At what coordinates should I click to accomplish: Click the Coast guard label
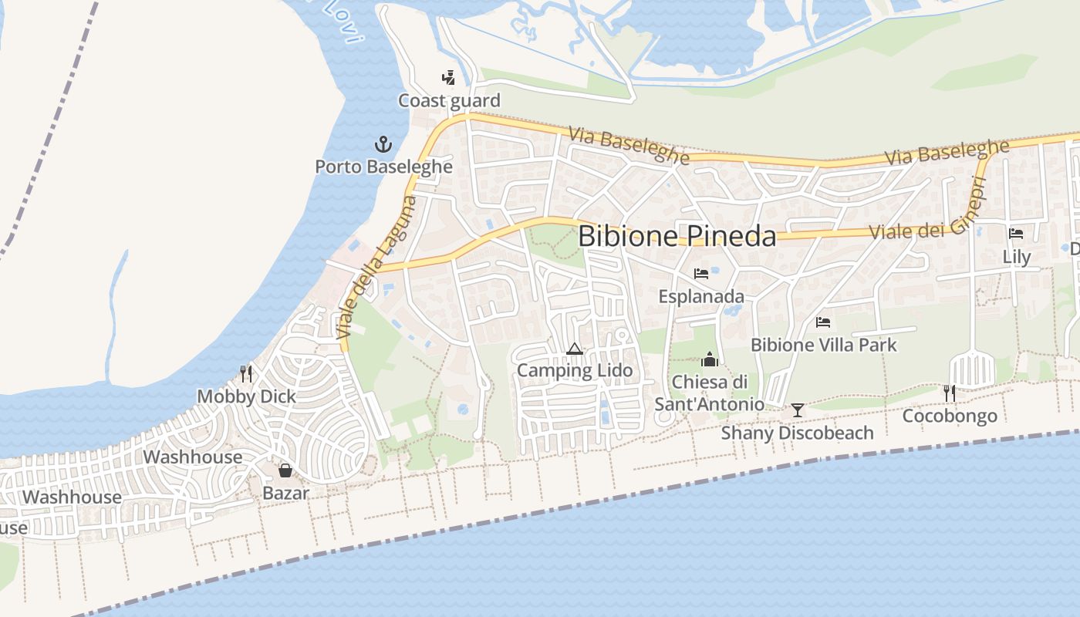449,100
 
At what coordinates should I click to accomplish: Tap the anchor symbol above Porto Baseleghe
383,144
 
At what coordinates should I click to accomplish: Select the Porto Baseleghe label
383,166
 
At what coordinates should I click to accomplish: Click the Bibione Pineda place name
677,236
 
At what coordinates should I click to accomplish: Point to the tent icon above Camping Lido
574,349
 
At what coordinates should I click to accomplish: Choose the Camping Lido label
574,370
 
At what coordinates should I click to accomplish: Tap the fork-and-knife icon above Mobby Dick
246,374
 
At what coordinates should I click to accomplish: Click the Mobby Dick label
246,396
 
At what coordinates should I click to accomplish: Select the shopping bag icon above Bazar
285,470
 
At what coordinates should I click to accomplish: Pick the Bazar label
285,493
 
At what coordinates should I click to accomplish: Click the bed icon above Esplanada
701,274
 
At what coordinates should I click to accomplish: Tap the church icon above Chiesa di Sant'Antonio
709,359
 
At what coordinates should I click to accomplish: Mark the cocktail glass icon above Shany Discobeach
798,410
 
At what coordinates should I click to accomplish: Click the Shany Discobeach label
798,433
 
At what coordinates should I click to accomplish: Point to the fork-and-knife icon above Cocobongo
950,393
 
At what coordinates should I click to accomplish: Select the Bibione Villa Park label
824,345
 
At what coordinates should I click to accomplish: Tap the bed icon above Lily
1016,234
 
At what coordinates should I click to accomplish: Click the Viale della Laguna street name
378,268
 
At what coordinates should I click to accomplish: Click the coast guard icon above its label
448,77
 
